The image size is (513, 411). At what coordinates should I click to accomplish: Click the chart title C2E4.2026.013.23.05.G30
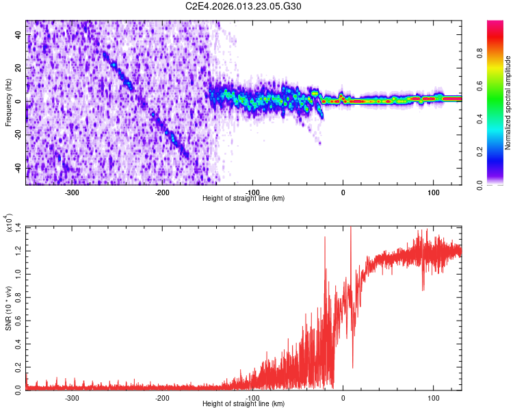pos(244,6)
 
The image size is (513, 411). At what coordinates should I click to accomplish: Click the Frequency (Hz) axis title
pos(9,103)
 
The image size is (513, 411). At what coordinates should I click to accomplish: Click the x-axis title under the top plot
pos(244,199)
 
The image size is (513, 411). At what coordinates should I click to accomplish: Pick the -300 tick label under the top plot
pos(72,192)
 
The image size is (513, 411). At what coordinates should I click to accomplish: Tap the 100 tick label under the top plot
pos(433,192)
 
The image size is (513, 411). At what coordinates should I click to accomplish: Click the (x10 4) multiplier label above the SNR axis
pos(12,223)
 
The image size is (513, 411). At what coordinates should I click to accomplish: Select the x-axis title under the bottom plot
pos(244,404)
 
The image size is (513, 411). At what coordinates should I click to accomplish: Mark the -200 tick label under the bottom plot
pos(162,397)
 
